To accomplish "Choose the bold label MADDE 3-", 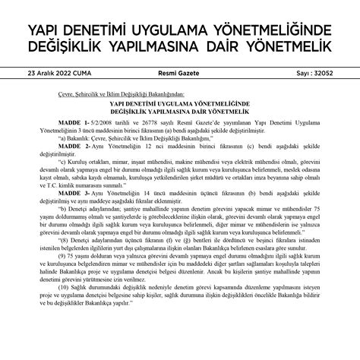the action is [x=77, y=194].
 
